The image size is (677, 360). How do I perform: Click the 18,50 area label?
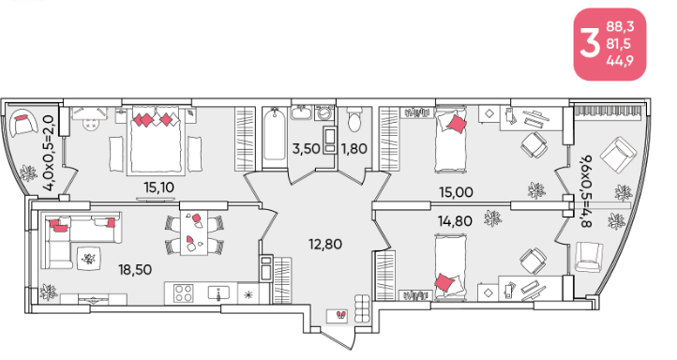tap(135, 270)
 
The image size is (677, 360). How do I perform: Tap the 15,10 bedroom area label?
tap(158, 187)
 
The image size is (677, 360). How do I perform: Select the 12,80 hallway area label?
tap(325, 245)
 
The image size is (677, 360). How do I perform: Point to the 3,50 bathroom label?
tap(306, 149)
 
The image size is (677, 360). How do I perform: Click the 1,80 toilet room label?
tap(354, 149)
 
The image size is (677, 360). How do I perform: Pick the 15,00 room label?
tap(456, 192)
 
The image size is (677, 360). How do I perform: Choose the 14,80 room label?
tap(455, 221)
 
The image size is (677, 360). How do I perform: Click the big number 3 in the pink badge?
tap(590, 44)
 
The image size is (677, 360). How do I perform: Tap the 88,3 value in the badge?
tap(620, 27)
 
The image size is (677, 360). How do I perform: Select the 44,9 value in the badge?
tap(620, 61)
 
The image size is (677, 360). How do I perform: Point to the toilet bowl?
tap(354, 120)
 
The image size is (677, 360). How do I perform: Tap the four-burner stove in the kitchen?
tap(184, 293)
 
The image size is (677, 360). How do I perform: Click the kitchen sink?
tap(218, 293)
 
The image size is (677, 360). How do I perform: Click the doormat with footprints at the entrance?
tap(337, 316)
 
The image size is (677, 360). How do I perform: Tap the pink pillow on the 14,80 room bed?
tap(444, 283)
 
